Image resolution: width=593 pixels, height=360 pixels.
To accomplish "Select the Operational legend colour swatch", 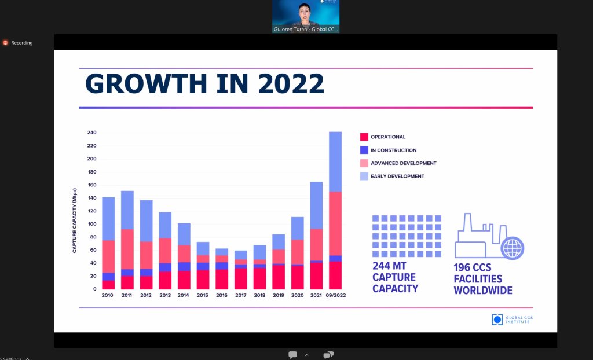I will coord(364,137).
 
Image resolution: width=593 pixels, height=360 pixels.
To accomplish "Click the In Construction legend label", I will coord(393,150).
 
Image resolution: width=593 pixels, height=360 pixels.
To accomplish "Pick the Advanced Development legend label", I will coord(403,163).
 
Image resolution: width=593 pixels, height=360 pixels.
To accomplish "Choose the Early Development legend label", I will coord(397,177).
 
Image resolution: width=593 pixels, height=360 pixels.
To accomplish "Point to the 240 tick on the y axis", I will coord(91,133).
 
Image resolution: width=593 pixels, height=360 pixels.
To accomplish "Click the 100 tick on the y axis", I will coord(91,224).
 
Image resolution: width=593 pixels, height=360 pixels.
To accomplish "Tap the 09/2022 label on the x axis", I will coord(335,295).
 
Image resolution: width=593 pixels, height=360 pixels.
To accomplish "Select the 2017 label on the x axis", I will coord(241,295).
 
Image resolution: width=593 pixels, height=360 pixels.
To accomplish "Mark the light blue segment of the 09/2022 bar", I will coord(335,161).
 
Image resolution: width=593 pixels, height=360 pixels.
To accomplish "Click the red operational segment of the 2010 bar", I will coord(108,285).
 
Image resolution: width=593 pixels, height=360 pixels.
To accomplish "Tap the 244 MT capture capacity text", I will coord(395,277).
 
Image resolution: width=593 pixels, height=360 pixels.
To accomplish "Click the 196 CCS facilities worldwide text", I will coord(483,278).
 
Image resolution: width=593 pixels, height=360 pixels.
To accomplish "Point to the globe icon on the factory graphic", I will coord(513,248).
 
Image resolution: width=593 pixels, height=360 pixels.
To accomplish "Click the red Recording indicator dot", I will coord(5,43).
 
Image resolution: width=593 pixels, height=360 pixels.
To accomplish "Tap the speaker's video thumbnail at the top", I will coord(305,16).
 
